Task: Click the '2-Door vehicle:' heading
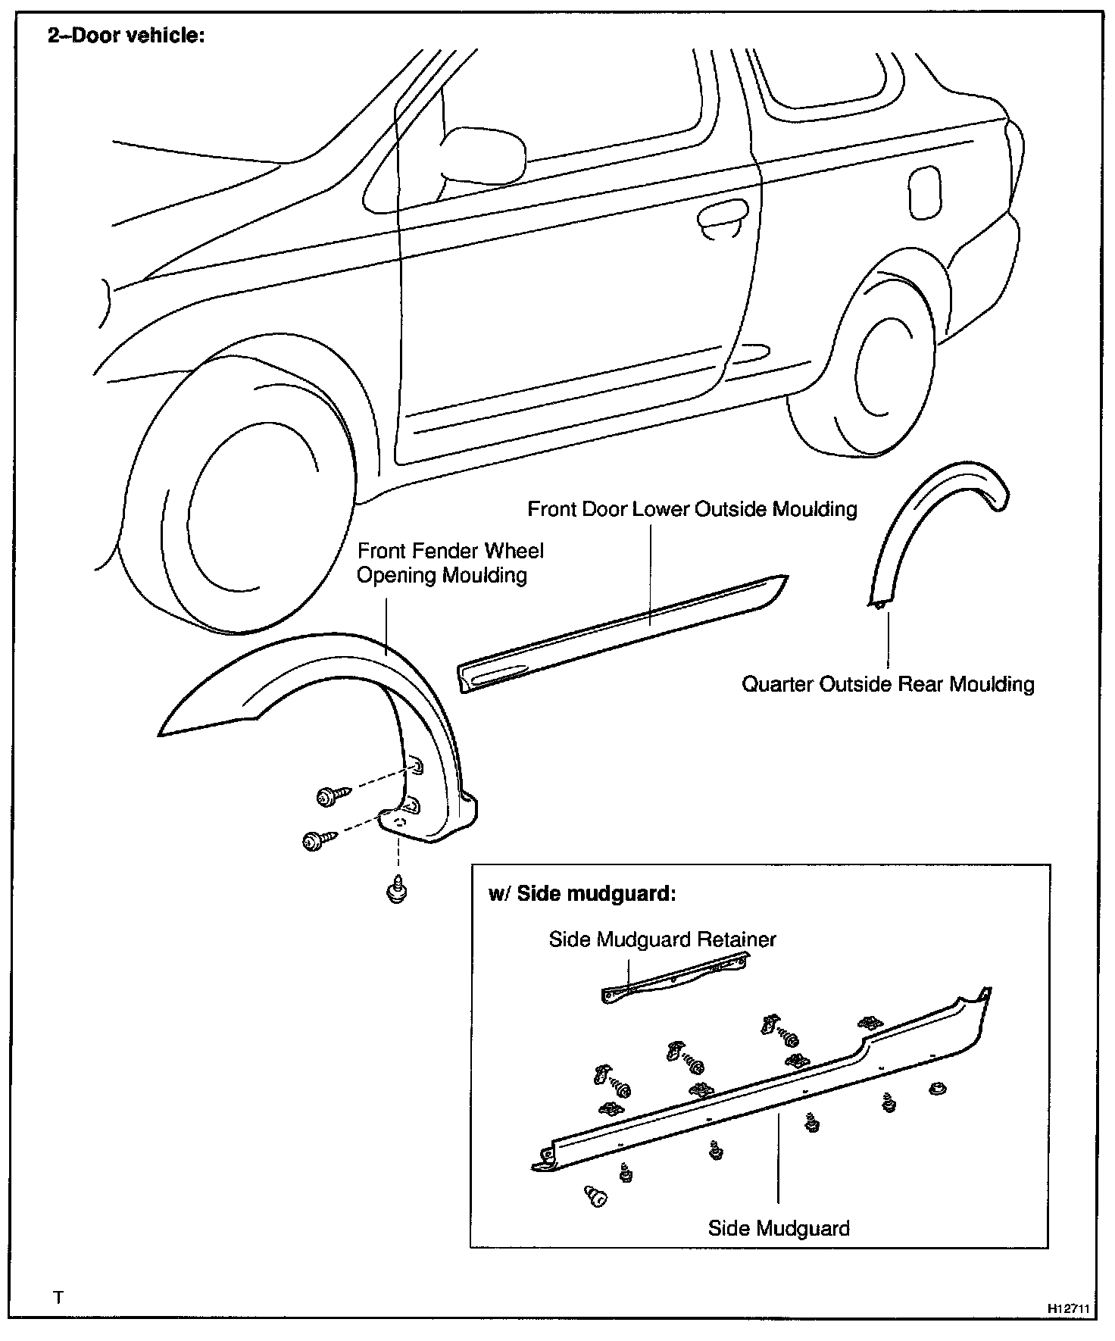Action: click(x=126, y=36)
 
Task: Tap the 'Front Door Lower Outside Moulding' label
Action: click(x=692, y=508)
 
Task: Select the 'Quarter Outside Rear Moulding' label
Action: click(x=888, y=684)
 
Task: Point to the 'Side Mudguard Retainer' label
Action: click(x=662, y=939)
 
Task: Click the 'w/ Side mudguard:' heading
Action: click(x=582, y=893)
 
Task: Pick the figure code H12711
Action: click(x=1068, y=1308)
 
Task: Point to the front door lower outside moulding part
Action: click(x=621, y=630)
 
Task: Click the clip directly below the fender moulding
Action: click(x=396, y=890)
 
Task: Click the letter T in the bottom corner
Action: click(x=58, y=1296)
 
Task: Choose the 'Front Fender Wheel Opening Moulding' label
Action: click(x=449, y=562)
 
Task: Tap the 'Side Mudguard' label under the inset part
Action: click(x=778, y=1227)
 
